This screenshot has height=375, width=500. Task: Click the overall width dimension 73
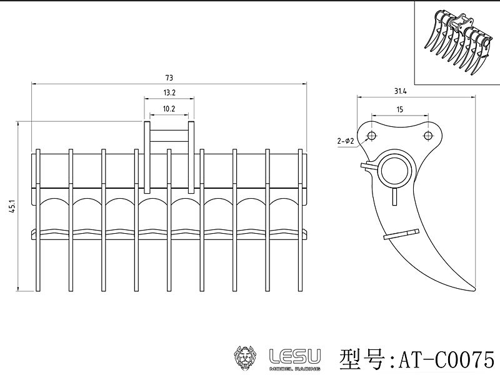169,77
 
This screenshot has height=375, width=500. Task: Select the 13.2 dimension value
169,92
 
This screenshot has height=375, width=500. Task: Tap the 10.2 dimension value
169,109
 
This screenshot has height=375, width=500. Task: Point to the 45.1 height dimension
12,206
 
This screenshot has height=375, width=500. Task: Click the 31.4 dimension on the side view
400,91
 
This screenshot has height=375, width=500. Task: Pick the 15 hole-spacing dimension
400,109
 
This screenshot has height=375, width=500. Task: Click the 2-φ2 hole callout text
346,141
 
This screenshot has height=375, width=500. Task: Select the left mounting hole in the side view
371,136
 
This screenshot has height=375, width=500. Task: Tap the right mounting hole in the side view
428,136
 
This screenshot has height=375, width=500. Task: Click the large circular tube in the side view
396,154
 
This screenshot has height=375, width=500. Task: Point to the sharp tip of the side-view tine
475,290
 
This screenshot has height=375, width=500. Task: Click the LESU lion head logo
245,358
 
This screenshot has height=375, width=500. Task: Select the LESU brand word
295,356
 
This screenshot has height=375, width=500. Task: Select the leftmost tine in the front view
38,220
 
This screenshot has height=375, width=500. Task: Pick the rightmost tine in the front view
301,220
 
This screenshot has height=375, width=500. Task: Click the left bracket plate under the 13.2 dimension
147,157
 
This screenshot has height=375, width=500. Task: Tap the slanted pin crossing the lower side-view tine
402,234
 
